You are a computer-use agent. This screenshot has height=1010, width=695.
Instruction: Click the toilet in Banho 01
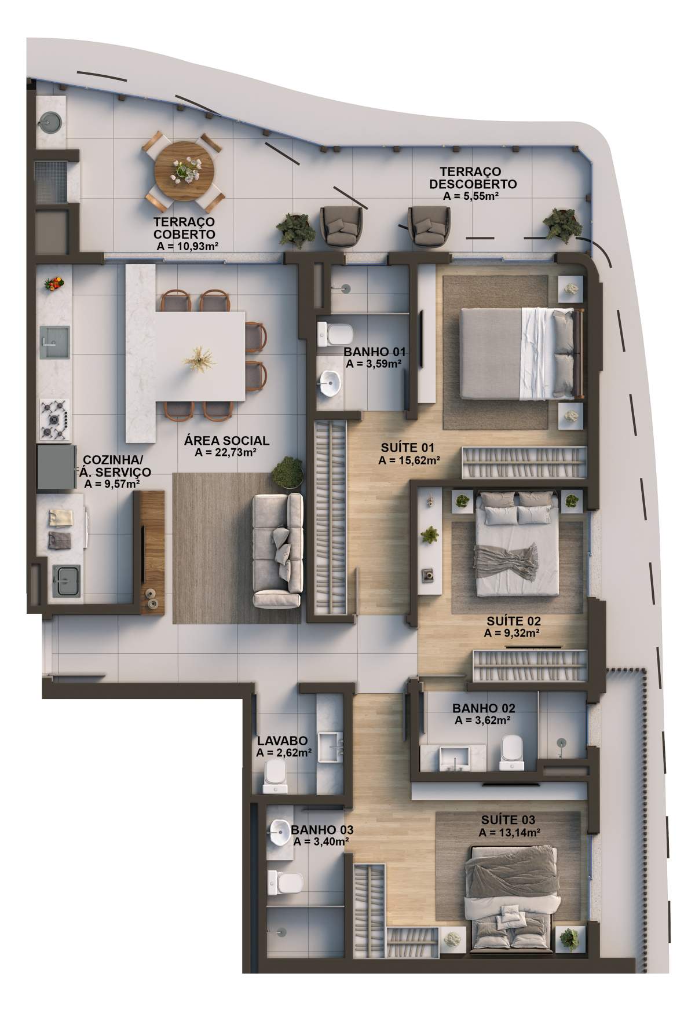335,333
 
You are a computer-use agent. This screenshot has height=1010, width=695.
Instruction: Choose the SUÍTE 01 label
408,448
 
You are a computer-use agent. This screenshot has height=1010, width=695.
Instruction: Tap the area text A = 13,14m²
510,833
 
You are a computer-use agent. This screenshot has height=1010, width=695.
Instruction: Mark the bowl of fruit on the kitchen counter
54,283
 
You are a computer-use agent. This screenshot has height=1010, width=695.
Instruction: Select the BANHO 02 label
484,708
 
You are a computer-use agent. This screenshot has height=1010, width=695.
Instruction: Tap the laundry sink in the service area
67,581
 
